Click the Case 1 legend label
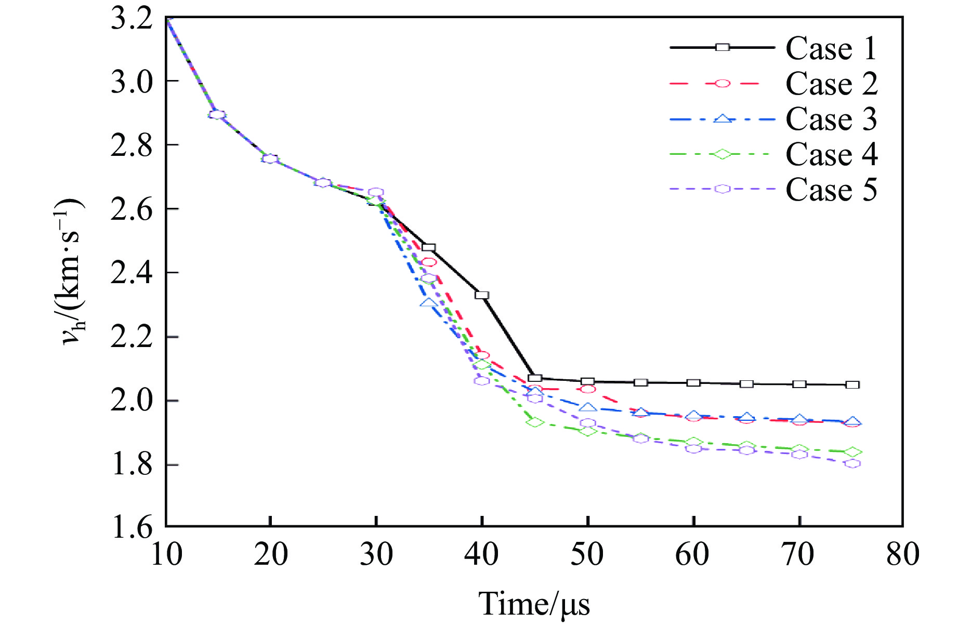tap(831, 49)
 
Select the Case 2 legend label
tap(831, 84)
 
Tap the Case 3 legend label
tap(831, 119)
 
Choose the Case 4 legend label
tap(831, 155)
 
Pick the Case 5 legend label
tap(831, 190)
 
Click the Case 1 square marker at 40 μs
tap(482, 295)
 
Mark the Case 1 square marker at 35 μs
tap(429, 247)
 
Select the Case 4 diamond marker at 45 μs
tap(534, 422)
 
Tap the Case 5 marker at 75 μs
tap(852, 463)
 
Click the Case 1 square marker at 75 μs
tap(852, 385)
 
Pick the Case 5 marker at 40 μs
tap(482, 381)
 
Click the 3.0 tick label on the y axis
tap(132, 82)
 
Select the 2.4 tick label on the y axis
tap(132, 273)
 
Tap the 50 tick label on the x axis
tap(587, 554)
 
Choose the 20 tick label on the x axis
tap(271, 554)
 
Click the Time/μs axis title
tap(534, 604)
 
